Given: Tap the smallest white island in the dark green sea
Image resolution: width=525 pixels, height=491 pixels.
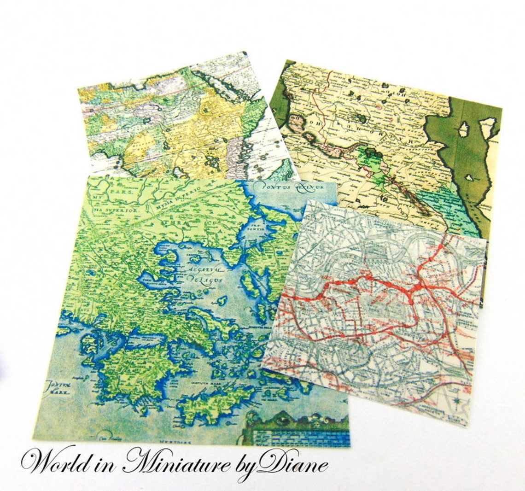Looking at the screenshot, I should pos(469,177).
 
